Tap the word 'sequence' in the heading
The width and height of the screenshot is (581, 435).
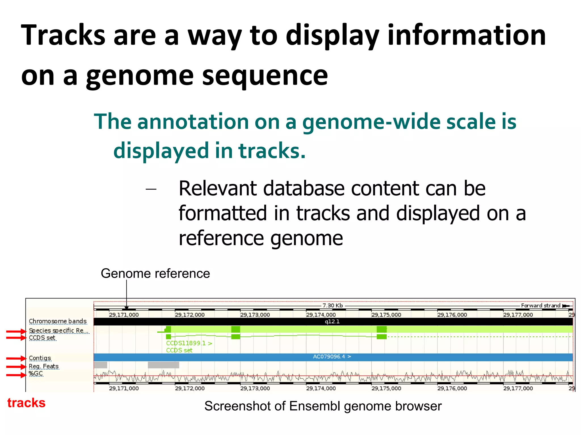[265, 76]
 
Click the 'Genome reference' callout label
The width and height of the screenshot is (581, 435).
[155, 274]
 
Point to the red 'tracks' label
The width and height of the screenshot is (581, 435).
[26, 403]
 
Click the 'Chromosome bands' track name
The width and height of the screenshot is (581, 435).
[58, 321]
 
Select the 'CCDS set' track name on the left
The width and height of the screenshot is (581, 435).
[42, 338]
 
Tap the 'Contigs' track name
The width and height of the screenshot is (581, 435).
[40, 358]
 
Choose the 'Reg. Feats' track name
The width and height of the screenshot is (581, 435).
[44, 366]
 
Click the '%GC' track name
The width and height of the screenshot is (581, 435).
[36, 374]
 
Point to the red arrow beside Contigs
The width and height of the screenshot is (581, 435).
[16, 358]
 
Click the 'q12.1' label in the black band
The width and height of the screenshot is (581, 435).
[332, 322]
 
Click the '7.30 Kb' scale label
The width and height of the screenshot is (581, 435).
[332, 305]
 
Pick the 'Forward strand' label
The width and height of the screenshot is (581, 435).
[540, 305]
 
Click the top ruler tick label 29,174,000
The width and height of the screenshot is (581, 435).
[321, 315]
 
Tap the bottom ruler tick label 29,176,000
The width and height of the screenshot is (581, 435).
[452, 389]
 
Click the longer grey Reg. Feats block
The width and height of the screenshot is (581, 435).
[163, 365]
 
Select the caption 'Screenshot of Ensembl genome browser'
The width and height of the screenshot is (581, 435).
[323, 406]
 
